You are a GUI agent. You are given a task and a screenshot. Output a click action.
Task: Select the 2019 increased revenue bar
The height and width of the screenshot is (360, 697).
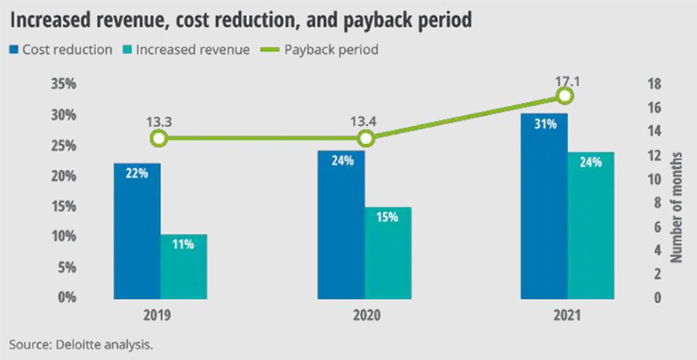pyautogui.click(x=184, y=266)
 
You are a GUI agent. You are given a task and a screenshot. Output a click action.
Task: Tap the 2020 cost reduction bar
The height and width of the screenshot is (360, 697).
pyautogui.click(x=341, y=225)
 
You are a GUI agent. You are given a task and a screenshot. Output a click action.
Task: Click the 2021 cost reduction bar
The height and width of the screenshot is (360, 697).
pyautogui.click(x=544, y=206)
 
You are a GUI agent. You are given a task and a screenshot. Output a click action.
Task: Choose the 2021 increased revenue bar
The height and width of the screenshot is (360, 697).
pyautogui.click(x=591, y=225)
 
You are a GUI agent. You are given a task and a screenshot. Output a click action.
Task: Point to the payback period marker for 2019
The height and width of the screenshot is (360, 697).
pyautogui.click(x=159, y=139)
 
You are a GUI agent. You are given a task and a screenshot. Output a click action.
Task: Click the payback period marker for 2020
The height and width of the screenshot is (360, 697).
pyautogui.click(x=366, y=139)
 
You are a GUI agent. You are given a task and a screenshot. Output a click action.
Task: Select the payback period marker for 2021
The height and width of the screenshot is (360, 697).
pyautogui.click(x=565, y=96)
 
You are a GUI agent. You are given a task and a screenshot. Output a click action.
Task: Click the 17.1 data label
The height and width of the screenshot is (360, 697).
pyautogui.click(x=565, y=78)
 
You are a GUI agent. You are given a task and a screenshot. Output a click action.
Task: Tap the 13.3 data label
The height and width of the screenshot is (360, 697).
pyautogui.click(x=159, y=121)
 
